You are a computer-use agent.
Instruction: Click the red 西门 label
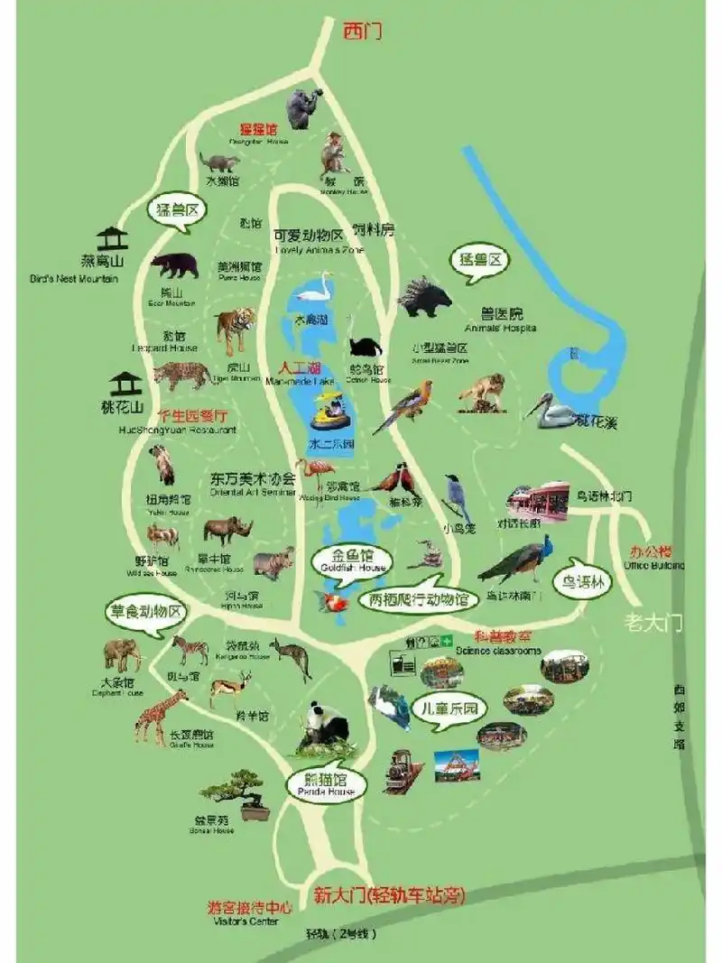(x=362, y=32)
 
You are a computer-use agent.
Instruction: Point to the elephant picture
(x=122, y=654)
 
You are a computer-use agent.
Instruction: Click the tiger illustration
(x=235, y=329)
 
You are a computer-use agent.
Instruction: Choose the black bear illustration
(x=175, y=265)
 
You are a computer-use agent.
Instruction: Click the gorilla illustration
(x=303, y=107)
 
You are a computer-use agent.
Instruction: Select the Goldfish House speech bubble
(x=351, y=561)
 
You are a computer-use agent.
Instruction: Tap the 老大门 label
(x=654, y=622)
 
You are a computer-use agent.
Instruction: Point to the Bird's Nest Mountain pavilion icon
(x=113, y=239)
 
